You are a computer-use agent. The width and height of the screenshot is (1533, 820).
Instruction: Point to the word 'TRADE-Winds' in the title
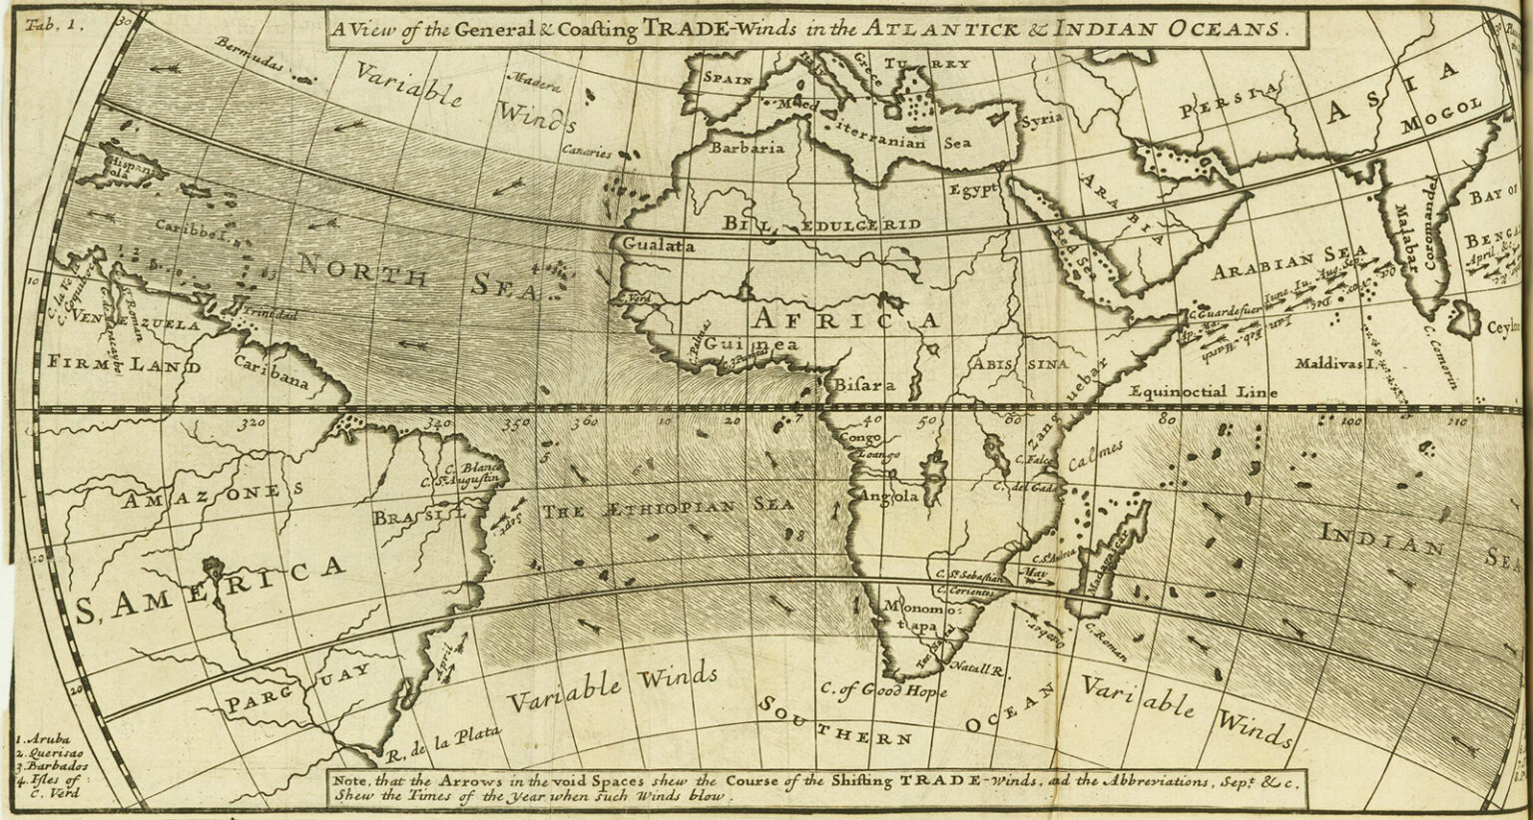[x=707, y=28]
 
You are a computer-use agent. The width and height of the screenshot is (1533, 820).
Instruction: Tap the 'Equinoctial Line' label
[x=1203, y=392]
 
